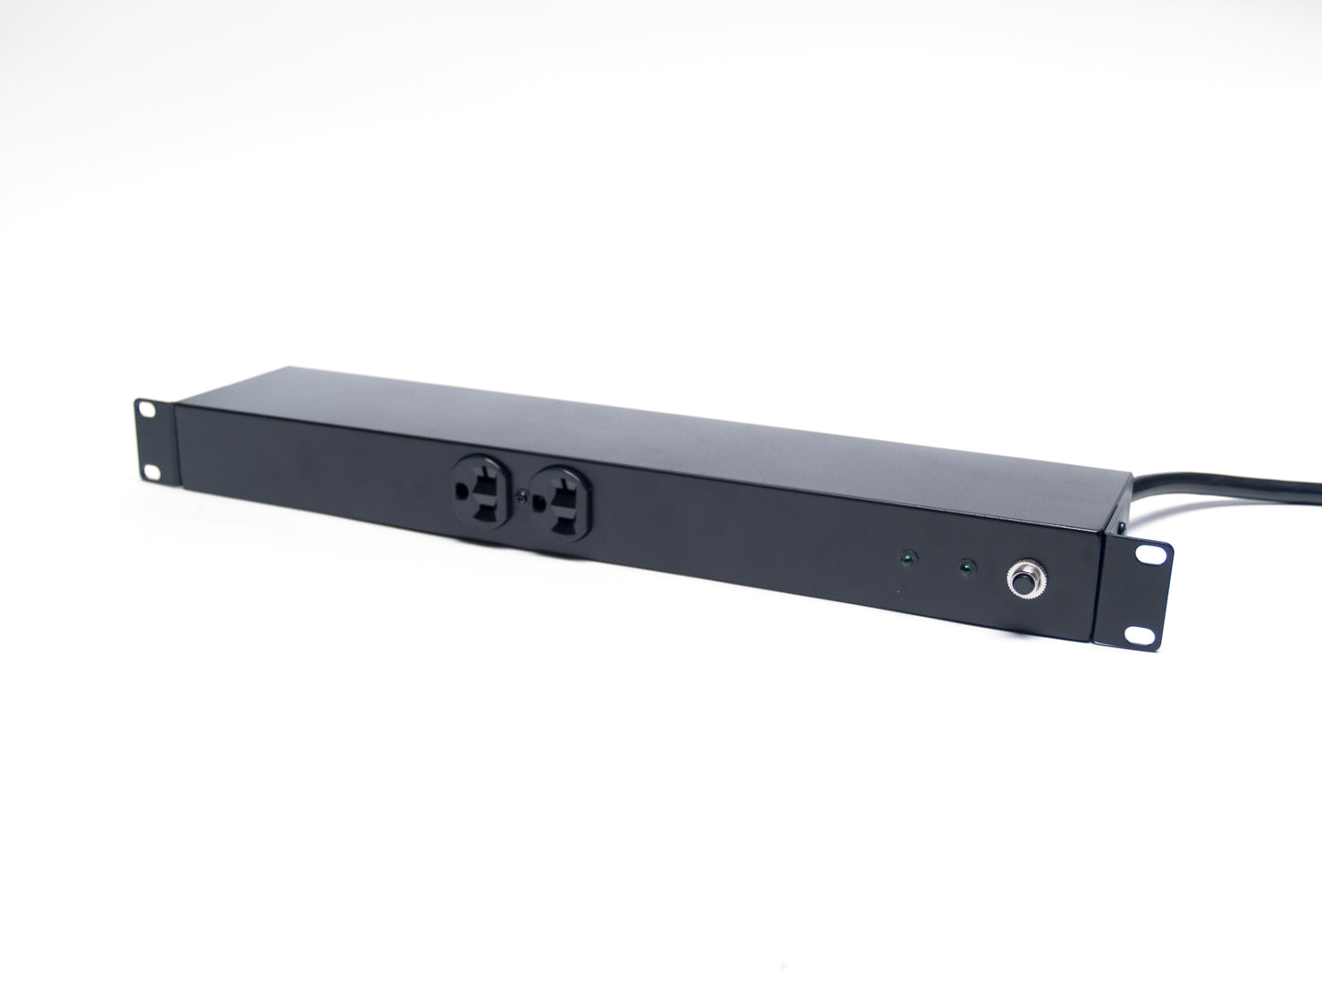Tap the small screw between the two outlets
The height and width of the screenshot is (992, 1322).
(x=521, y=496)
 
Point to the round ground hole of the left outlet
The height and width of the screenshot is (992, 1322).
(x=461, y=491)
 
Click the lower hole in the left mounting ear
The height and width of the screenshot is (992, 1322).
(x=150, y=470)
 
